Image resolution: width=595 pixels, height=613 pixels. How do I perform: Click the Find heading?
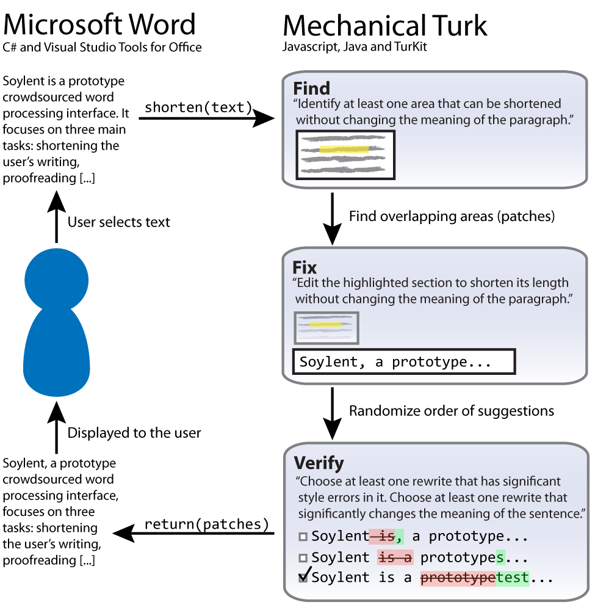312,88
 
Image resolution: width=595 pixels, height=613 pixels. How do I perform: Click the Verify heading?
319,462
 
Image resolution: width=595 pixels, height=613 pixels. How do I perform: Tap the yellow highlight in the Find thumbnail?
344,150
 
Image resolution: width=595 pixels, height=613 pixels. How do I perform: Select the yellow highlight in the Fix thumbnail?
325,324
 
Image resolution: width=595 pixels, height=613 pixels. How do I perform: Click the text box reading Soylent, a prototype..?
404,361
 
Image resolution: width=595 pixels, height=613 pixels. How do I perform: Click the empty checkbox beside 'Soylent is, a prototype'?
303,537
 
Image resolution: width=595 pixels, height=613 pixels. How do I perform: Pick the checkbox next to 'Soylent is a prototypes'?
303,558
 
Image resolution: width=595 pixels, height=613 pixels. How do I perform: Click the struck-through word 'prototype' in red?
458,578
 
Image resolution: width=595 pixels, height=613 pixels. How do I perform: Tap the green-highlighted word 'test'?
513,578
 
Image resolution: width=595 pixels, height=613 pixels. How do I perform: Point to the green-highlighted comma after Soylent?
400,537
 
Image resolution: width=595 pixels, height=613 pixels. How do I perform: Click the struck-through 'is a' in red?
395,557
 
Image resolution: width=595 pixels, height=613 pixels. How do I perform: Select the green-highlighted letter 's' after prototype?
500,557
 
